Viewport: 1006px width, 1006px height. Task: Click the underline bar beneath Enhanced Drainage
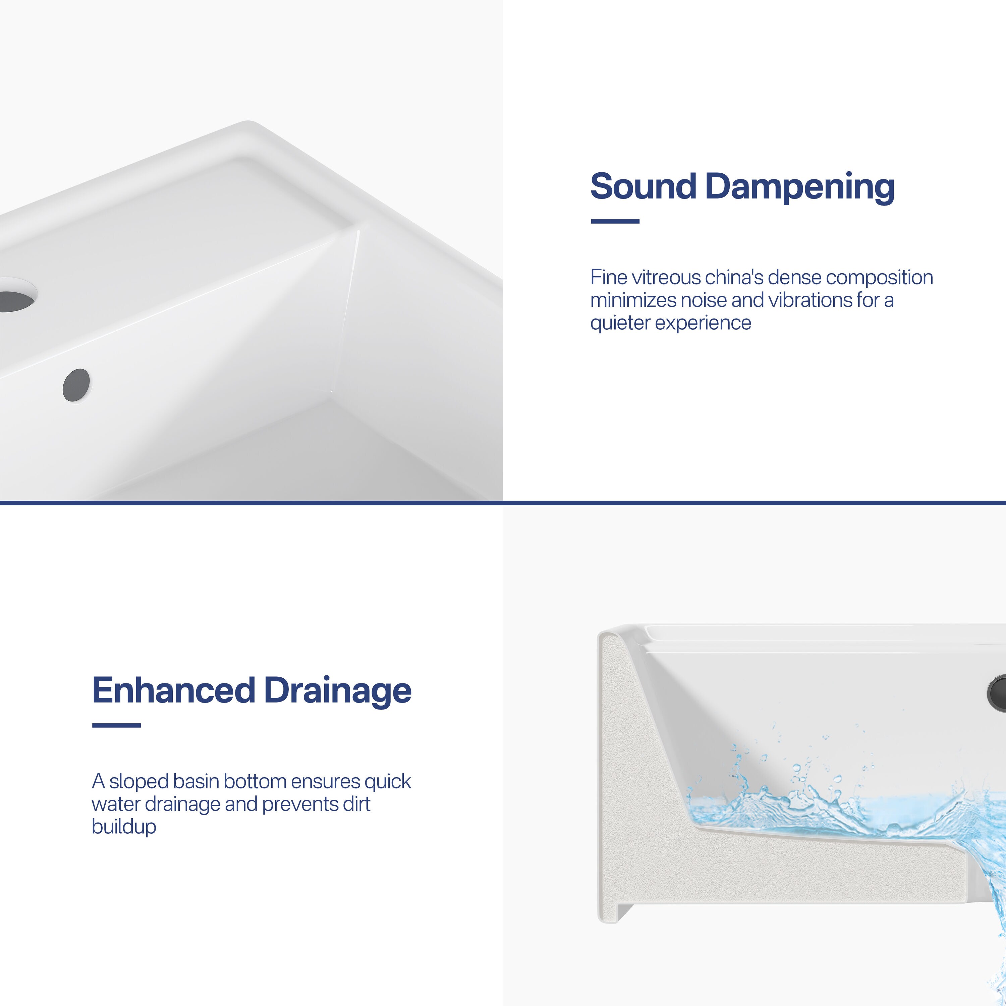coord(116,725)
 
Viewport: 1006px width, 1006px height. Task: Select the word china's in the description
coord(734,278)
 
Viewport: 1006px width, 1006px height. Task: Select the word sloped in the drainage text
coord(138,782)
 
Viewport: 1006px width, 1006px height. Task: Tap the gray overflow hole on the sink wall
coord(76,385)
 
